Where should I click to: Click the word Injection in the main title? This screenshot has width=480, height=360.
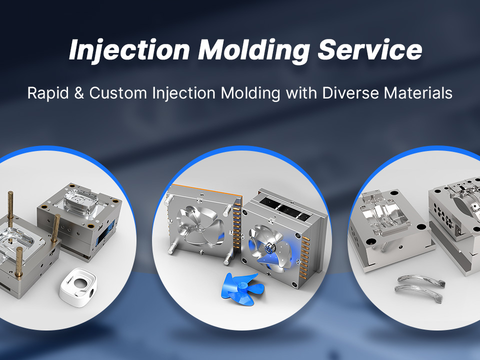pos(129,50)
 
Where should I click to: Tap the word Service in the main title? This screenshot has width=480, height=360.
pos(370,49)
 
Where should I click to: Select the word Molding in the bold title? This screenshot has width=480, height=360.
pos(254,50)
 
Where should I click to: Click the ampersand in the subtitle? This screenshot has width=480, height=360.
pos(79,93)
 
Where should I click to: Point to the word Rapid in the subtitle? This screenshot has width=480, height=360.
pos(48,93)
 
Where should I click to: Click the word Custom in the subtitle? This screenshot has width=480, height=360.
pos(118,93)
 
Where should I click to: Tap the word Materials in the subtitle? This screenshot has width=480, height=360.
pos(418,93)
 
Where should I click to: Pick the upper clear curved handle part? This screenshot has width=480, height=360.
pos(421,280)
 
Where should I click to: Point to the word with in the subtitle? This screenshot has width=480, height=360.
pos(301,93)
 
